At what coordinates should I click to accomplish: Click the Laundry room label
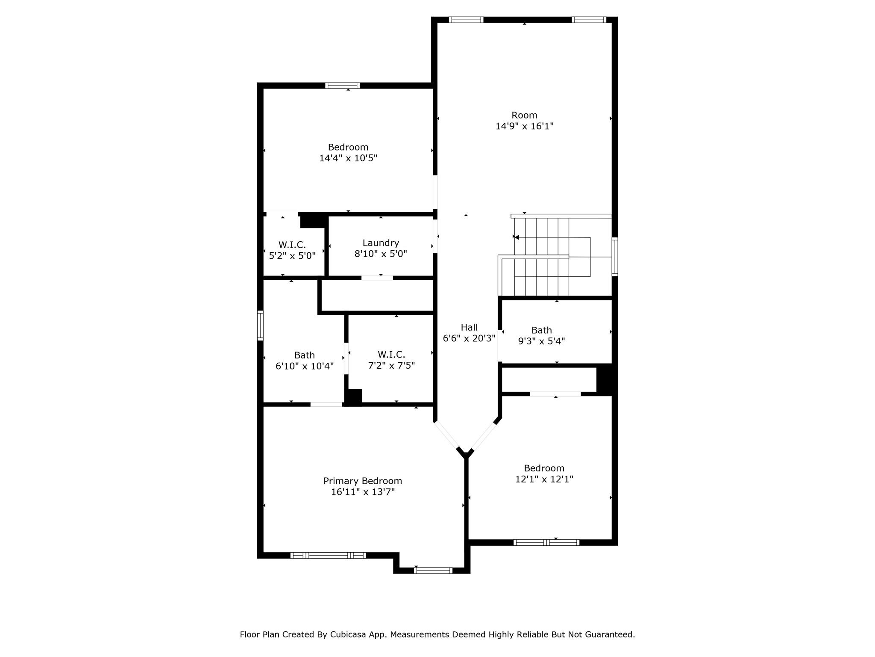(381, 243)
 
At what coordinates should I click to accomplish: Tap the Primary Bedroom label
(362, 481)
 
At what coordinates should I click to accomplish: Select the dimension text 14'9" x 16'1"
(524, 126)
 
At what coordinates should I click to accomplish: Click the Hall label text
(469, 327)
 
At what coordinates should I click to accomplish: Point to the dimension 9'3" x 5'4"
(541, 341)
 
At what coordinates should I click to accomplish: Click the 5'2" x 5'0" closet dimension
(292, 256)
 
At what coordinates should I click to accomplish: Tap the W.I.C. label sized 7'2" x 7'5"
(391, 355)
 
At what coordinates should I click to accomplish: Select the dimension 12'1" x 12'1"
(544, 479)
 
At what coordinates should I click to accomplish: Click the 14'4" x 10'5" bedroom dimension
(348, 158)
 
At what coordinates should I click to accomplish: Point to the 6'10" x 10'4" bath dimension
(305, 366)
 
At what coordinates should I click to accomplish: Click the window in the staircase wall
(615, 257)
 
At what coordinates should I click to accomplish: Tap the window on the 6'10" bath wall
(260, 326)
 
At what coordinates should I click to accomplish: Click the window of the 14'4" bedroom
(342, 86)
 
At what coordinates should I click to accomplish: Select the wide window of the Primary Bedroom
(328, 556)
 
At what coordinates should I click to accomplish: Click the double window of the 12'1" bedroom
(546, 542)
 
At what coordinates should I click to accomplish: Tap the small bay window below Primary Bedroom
(433, 570)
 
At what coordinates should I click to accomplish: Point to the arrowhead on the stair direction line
(517, 237)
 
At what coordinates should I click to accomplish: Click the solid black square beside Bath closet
(606, 378)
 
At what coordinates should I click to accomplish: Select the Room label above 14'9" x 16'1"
(524, 115)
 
